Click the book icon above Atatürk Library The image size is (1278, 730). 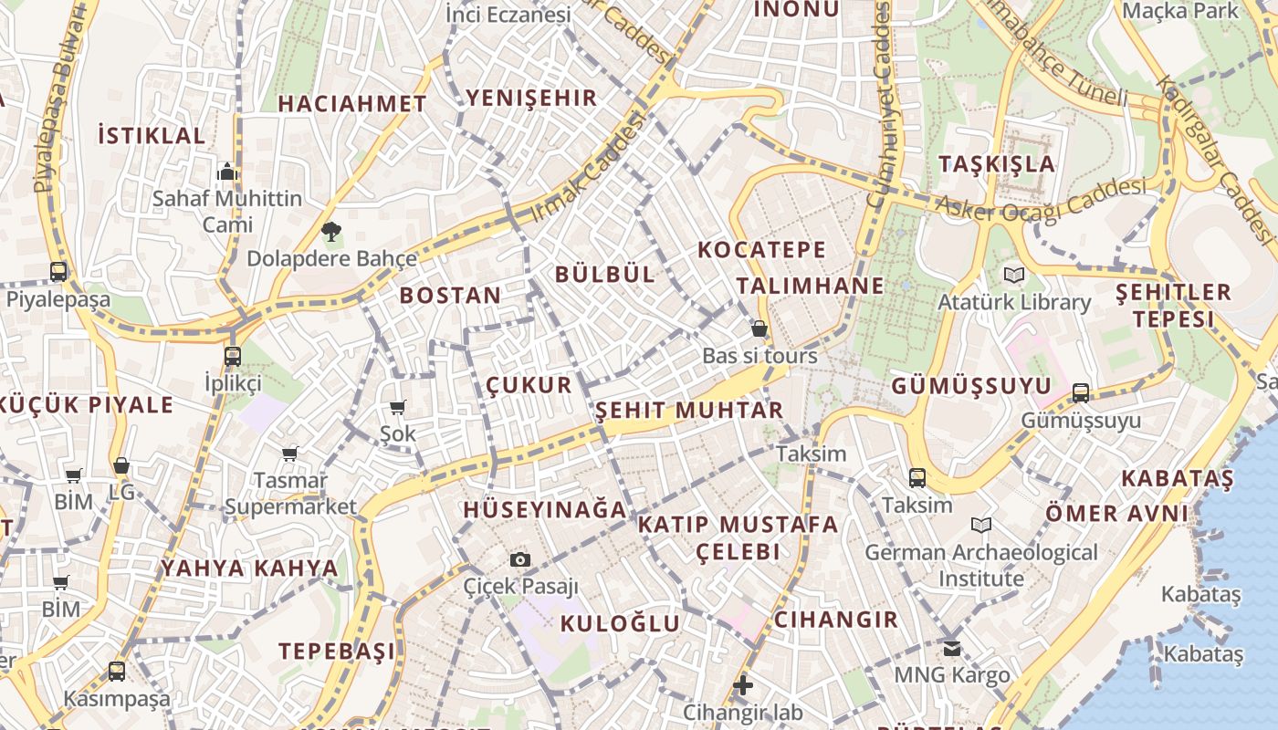click(x=1013, y=275)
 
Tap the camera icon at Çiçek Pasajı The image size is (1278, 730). click(x=520, y=559)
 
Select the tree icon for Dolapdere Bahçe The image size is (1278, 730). click(x=330, y=232)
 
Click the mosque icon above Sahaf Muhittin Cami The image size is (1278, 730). click(x=227, y=171)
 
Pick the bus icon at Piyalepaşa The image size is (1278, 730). click(x=58, y=271)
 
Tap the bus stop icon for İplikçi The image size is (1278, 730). click(x=233, y=356)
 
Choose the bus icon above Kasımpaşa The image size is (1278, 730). click(x=117, y=672)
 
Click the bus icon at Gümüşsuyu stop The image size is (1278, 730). click(x=1081, y=393)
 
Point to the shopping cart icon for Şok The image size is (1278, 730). click(x=397, y=407)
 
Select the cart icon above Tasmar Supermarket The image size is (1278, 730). click(x=290, y=454)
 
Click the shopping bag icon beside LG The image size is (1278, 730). click(x=120, y=466)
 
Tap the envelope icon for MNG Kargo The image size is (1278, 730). click(x=952, y=648)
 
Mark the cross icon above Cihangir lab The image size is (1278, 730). click(x=743, y=684)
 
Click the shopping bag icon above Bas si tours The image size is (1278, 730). click(x=759, y=328)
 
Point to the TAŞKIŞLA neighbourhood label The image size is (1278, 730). click(x=997, y=164)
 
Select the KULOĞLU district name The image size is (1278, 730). click(x=620, y=624)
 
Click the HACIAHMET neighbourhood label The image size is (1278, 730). click(x=352, y=104)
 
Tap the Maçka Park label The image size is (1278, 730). click(x=1181, y=11)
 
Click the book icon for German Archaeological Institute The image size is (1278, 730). click(x=981, y=526)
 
